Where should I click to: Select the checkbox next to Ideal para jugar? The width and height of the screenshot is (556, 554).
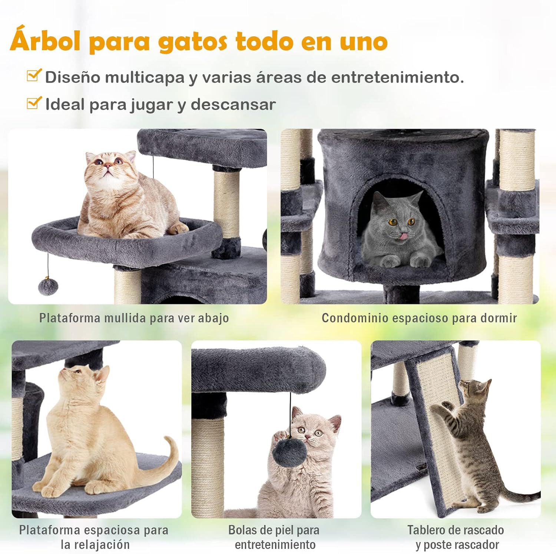pyautogui.click(x=34, y=103)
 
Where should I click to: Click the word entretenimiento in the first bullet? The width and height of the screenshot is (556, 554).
pyautogui.click(x=397, y=78)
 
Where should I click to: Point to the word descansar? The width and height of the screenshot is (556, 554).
pyautogui.click(x=233, y=105)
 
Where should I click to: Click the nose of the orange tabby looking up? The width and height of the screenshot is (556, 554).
pyautogui.click(x=107, y=166)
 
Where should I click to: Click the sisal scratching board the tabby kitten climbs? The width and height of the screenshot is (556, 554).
pyautogui.click(x=441, y=426)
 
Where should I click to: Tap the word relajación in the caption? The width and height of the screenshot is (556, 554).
pyautogui.click(x=95, y=545)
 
